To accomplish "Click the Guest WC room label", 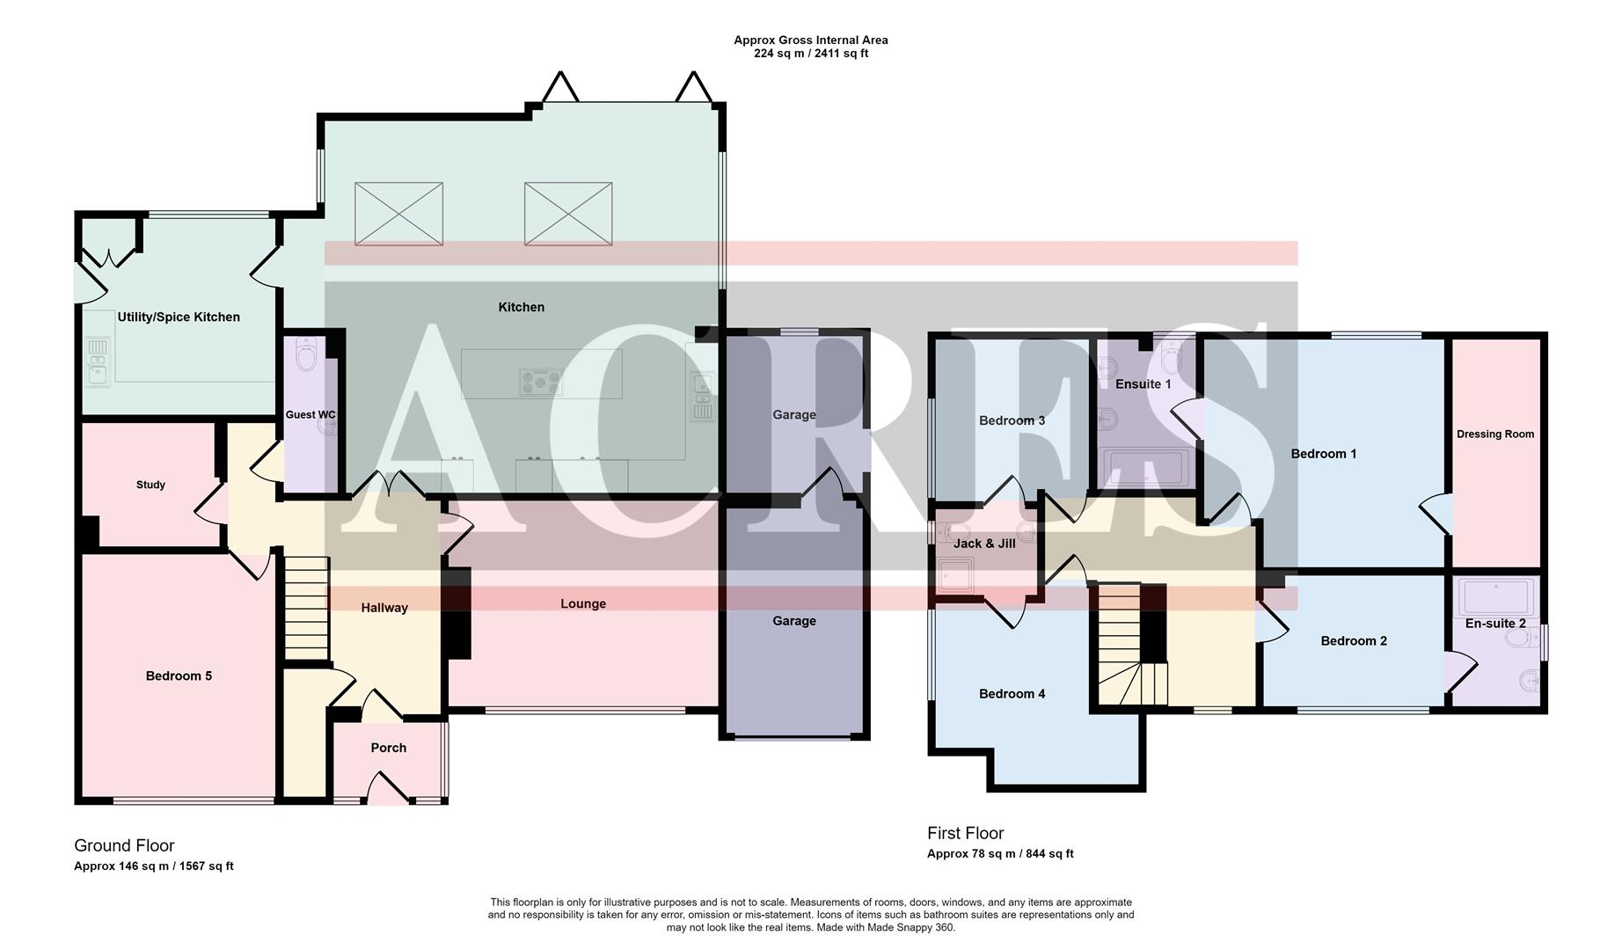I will click(x=310, y=414).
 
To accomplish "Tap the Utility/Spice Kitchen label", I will click(x=179, y=317).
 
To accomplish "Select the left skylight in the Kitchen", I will click(x=398, y=214).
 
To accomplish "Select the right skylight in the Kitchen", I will click(x=568, y=214).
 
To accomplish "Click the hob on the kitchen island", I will click(x=540, y=381).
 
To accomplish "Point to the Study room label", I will click(x=150, y=485).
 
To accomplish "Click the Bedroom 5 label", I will click(x=179, y=676).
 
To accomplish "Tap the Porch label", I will click(x=388, y=748).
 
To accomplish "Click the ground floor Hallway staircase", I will click(x=306, y=607).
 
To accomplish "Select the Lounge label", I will click(x=583, y=603).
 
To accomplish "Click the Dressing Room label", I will click(x=1495, y=434).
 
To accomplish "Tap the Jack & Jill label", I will click(x=984, y=544).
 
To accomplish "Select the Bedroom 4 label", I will click(x=1012, y=694).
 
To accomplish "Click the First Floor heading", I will click(x=965, y=833).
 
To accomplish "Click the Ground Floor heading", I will click(x=124, y=845).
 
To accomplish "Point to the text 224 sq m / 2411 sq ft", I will click(x=810, y=54).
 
